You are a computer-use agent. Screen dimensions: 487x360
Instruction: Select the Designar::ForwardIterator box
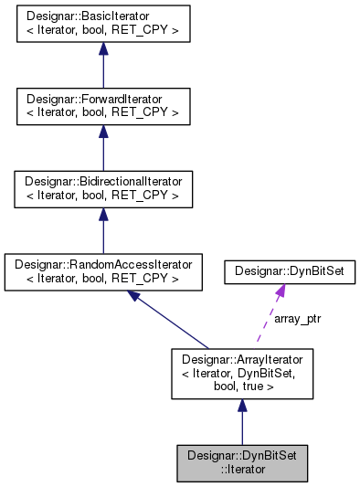click(x=102, y=107)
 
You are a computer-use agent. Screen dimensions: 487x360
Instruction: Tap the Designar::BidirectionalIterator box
click(x=102, y=188)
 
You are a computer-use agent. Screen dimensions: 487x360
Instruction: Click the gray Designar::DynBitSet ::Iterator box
click(x=241, y=461)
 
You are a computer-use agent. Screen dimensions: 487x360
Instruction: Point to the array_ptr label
click(x=297, y=319)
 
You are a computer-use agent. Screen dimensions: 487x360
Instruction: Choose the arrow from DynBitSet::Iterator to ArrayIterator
click(x=241, y=420)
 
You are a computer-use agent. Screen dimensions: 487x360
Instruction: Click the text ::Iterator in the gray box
click(x=241, y=469)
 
